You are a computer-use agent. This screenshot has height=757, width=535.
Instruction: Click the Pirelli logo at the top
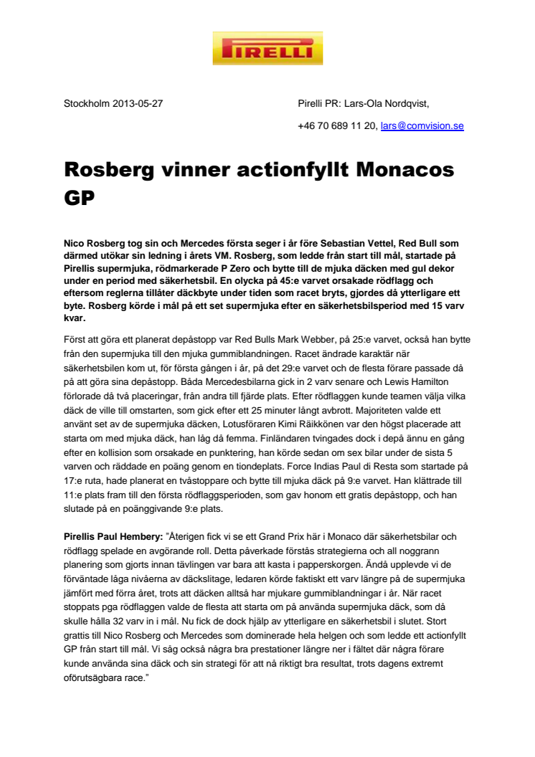(x=267, y=48)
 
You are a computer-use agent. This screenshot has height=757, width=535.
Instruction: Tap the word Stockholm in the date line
(x=87, y=103)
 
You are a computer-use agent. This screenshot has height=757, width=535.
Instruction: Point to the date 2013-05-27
(x=138, y=103)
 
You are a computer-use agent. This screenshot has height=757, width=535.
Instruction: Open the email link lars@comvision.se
(x=422, y=125)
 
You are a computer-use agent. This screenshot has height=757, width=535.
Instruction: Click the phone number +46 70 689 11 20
(x=337, y=125)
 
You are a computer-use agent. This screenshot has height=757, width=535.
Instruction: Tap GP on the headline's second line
(x=80, y=196)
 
